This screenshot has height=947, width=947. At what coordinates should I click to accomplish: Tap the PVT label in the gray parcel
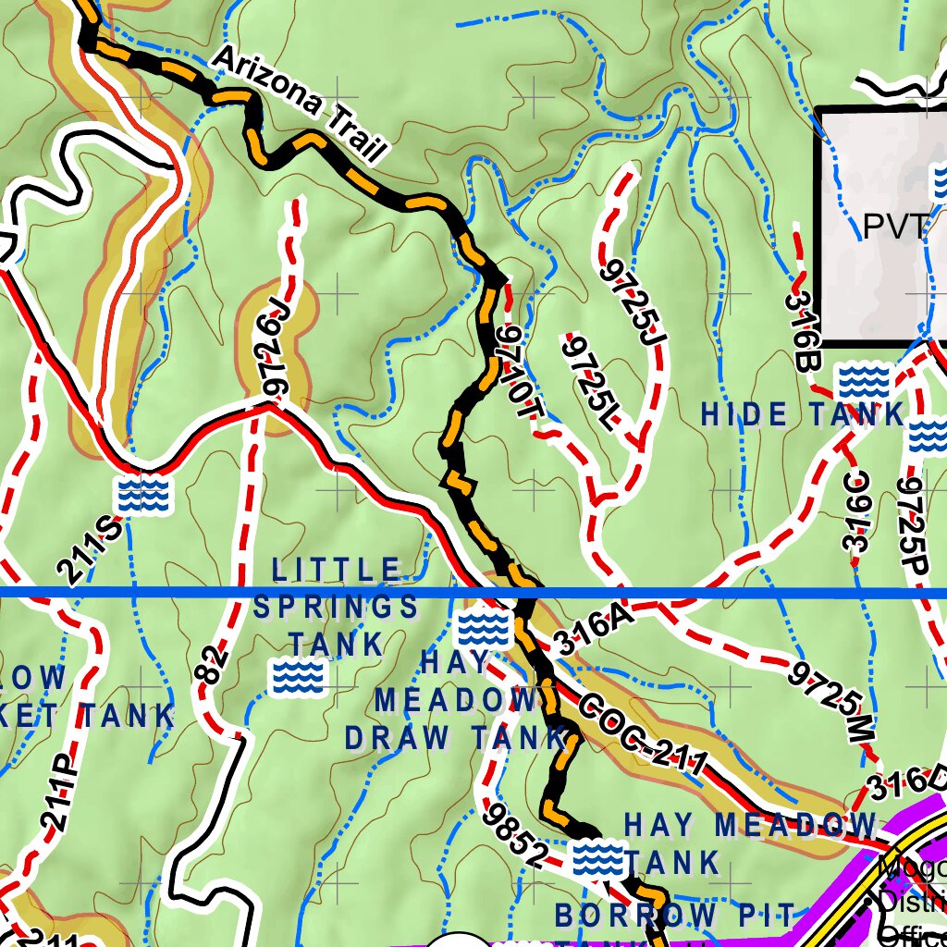coord(893,226)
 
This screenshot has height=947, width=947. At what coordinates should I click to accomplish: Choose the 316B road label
coord(801,331)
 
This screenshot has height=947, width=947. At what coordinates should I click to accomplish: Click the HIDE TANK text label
coord(802,415)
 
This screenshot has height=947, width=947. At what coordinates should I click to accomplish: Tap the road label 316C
coord(857,510)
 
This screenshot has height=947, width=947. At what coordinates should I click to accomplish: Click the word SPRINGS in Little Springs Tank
coord(336,607)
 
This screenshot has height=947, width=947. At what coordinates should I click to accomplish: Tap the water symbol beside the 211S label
coord(143,495)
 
